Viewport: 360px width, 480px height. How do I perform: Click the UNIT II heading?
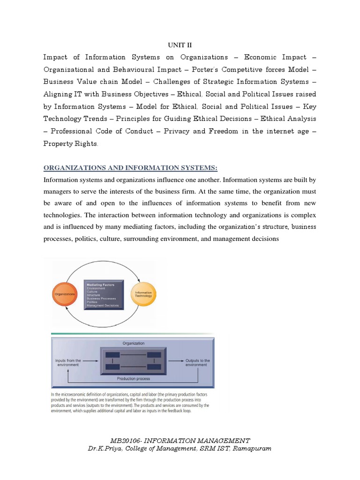click(180, 45)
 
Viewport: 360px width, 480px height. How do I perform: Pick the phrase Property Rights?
click(70, 144)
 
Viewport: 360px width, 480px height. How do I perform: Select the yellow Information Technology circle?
click(143, 294)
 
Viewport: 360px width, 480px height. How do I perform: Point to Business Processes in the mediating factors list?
click(102, 299)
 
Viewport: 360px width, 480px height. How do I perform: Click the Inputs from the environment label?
click(68, 362)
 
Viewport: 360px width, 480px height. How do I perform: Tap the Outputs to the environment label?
click(196, 362)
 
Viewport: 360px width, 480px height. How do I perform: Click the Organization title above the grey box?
click(133, 343)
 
